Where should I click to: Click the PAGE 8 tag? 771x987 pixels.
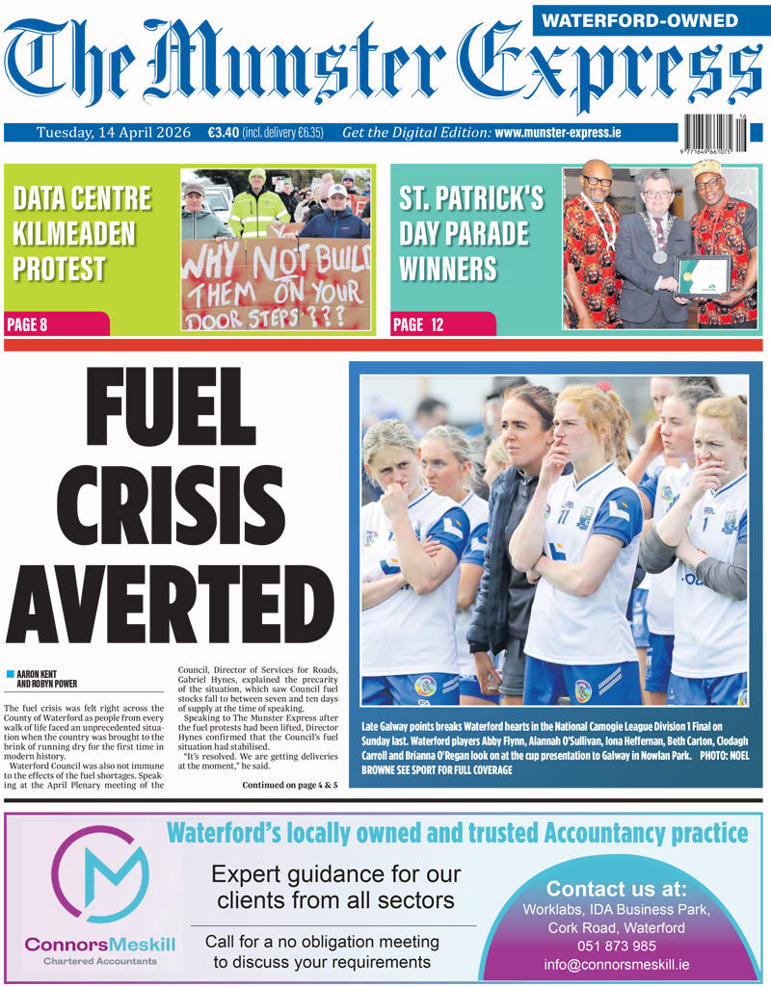tap(28, 325)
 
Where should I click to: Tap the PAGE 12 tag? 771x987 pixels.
tap(418, 325)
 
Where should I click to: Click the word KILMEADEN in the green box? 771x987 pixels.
tap(75, 234)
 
